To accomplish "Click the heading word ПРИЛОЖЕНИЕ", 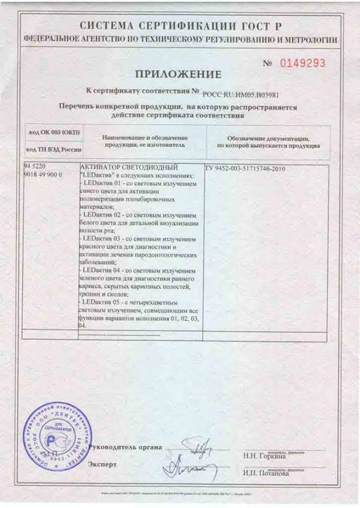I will pos(178,74).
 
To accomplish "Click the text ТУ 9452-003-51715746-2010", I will pos(245,169).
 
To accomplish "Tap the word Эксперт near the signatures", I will pos(104,464).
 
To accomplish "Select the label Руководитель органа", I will pos(123,447).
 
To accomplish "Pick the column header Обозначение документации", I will pos(268,139).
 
